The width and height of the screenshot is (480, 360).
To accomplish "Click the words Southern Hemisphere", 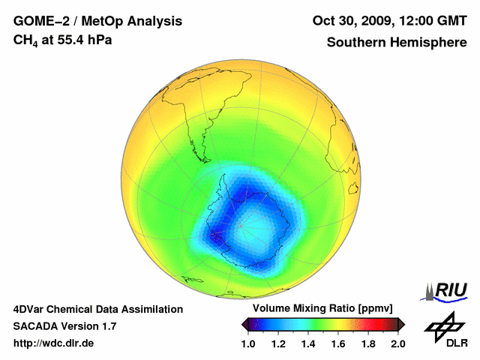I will [x=396, y=43].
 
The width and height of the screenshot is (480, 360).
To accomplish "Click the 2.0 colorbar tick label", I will [x=397, y=343].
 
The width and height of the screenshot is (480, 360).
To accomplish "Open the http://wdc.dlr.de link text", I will [x=54, y=343].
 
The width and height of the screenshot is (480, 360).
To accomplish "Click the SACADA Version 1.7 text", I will [x=64, y=326].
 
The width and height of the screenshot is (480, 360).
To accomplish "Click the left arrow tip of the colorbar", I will [x=244, y=324].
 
